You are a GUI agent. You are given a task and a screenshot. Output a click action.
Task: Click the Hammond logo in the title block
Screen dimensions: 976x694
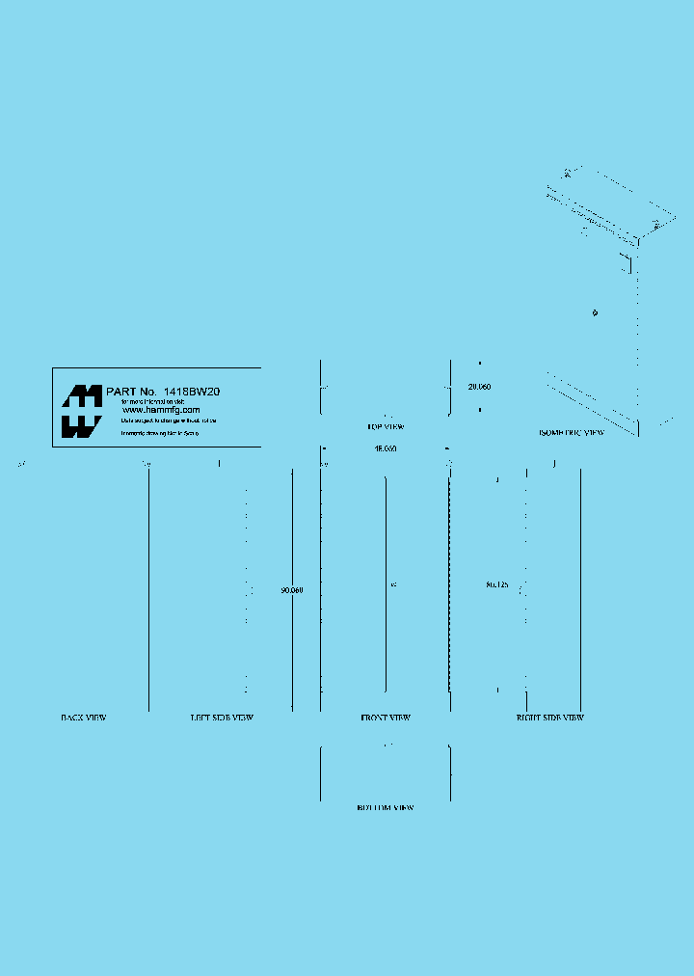(82, 412)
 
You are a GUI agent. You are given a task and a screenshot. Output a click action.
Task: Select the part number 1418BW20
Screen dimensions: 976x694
(192, 392)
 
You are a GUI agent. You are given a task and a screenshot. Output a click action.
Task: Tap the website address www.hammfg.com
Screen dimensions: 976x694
(161, 410)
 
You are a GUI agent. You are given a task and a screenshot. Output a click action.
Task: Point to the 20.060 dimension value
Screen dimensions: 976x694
(479, 387)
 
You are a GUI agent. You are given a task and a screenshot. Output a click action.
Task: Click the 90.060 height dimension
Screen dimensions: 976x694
(292, 590)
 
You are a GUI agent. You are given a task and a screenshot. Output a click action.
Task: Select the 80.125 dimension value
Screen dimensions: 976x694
(497, 584)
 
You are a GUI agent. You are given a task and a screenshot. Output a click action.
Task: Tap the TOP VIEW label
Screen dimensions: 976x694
(385, 426)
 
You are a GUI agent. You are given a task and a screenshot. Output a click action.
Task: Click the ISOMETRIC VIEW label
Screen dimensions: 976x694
(572, 433)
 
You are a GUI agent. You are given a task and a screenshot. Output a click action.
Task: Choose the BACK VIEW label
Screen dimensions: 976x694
(84, 718)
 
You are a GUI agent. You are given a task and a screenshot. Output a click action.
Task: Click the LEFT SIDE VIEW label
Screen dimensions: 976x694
(222, 718)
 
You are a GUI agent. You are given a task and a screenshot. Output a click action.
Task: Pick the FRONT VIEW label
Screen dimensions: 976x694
(386, 718)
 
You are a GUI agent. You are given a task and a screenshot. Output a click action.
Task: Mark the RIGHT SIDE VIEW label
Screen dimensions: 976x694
(549, 718)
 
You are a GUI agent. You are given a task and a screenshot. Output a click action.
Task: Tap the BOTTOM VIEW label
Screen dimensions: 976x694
(385, 807)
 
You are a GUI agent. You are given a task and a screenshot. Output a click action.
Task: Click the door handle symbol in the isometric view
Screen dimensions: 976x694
(596, 312)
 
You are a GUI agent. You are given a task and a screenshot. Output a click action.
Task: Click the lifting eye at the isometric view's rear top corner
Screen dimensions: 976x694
(568, 174)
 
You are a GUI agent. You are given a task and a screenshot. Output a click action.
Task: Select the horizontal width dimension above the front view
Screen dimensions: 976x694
(386, 448)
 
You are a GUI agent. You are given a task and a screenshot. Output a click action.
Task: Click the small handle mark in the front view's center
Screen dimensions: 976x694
(393, 584)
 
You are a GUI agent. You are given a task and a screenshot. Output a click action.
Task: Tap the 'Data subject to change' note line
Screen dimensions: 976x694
(169, 421)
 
